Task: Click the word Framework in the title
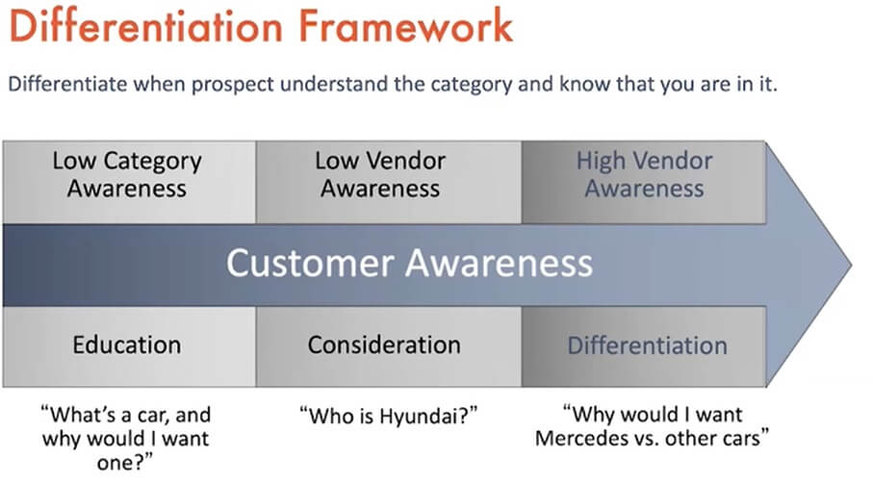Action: (x=405, y=26)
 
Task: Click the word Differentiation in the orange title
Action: (x=146, y=26)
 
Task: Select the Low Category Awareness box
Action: (x=129, y=183)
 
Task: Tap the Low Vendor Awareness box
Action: (x=389, y=183)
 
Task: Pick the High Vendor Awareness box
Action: (x=644, y=183)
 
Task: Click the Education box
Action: (x=129, y=346)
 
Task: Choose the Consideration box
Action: (x=389, y=346)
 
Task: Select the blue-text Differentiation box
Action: (x=644, y=346)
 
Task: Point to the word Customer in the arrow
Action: (x=310, y=263)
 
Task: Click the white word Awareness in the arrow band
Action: (x=499, y=263)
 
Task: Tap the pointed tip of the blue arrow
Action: (x=851, y=266)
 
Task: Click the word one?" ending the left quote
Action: (x=125, y=463)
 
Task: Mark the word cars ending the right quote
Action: (x=746, y=438)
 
